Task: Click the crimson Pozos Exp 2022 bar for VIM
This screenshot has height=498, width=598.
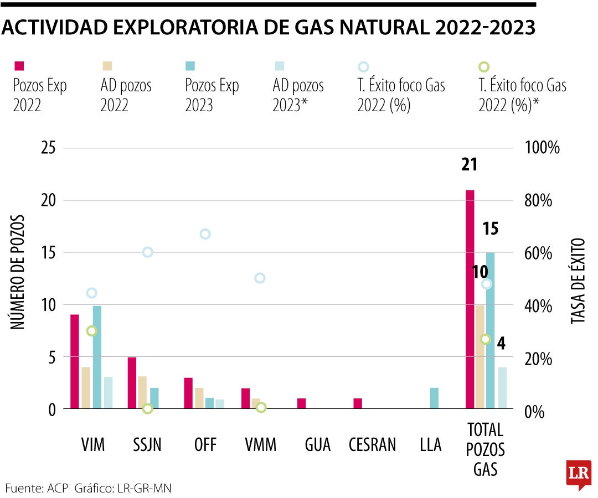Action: [x=75, y=362]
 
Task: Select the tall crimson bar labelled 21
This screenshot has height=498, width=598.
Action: [x=470, y=299]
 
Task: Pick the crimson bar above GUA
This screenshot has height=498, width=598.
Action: [x=301, y=403]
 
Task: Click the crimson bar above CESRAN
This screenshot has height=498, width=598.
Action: [x=358, y=403]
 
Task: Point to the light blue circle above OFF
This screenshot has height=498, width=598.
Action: [x=205, y=234]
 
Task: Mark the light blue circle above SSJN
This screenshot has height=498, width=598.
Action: [x=147, y=252]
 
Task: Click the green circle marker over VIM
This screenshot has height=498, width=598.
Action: [x=92, y=331]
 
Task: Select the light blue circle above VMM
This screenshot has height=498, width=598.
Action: [x=260, y=278]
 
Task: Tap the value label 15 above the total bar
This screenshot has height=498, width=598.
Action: [x=491, y=228]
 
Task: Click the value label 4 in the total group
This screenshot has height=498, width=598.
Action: [x=501, y=344]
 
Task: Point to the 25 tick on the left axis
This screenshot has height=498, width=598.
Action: [x=48, y=148]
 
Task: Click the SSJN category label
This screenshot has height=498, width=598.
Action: [x=147, y=444]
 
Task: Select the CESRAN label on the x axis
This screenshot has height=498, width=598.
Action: [x=373, y=444]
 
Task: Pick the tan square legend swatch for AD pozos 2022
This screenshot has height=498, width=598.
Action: [x=106, y=66]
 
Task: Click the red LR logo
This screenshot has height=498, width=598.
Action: [x=578, y=475]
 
